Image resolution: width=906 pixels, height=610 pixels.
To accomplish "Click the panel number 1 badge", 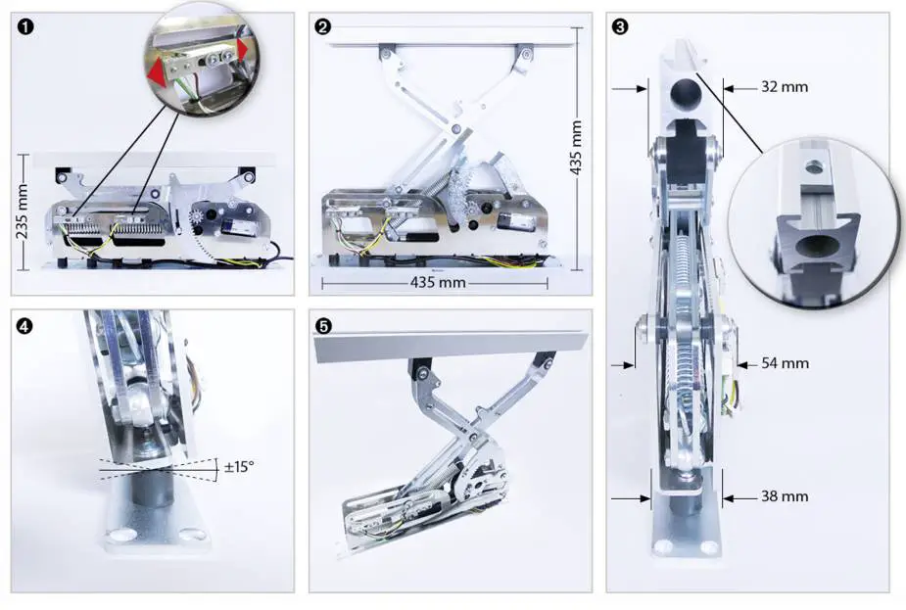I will click(25, 26).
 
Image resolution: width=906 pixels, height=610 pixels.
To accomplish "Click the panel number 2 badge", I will click(323, 26).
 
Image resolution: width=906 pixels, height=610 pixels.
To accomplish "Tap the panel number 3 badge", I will click(621, 26).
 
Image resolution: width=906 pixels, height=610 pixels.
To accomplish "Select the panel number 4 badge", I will click(25, 324).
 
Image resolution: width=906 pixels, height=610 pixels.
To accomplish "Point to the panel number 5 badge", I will click(323, 324).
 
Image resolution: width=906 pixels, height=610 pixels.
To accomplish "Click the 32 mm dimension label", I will click(785, 86).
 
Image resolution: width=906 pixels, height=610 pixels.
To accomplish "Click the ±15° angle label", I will click(238, 467).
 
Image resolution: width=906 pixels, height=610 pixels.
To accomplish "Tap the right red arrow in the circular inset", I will click(241, 47).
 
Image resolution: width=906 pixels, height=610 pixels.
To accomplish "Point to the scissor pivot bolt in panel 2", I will click(455, 126).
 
